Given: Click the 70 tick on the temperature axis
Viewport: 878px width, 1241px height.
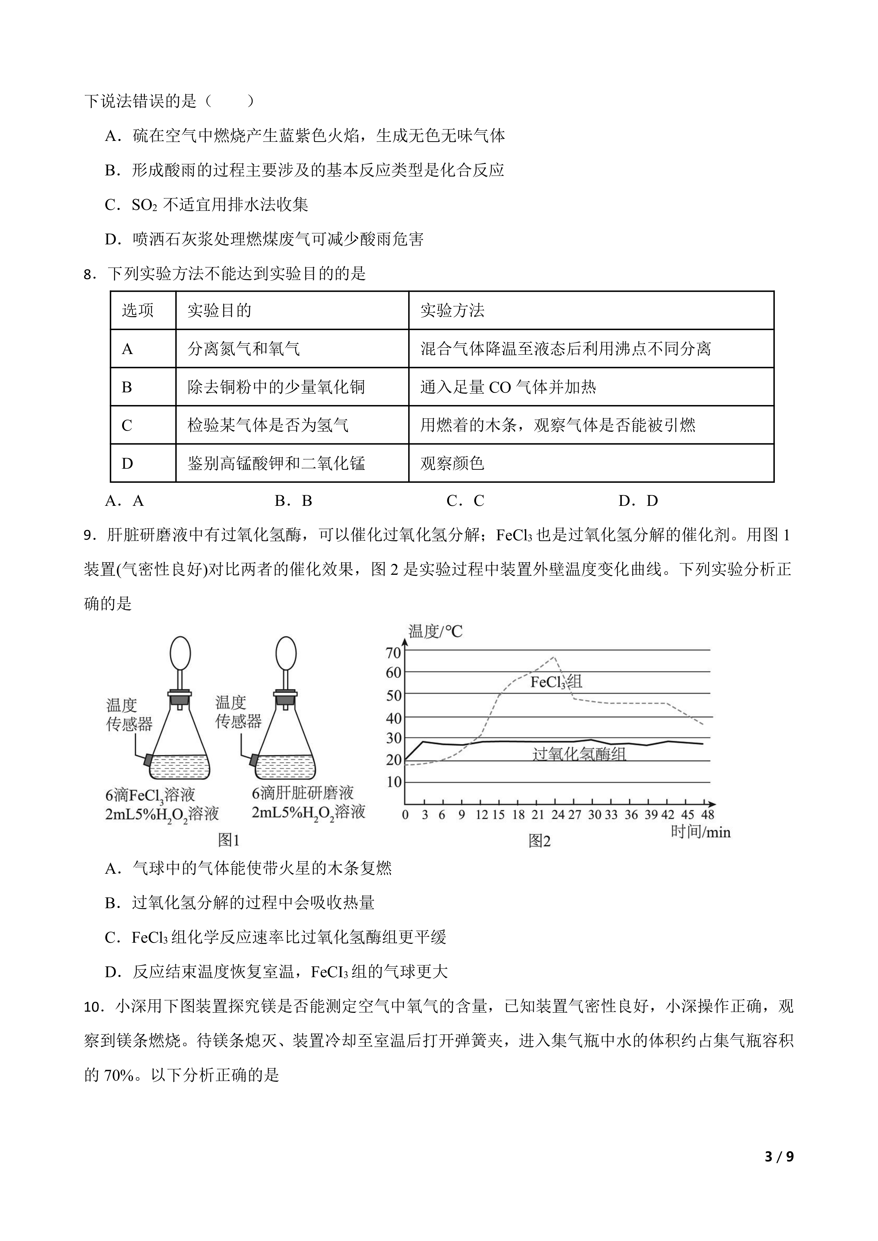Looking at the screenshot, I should (394, 653).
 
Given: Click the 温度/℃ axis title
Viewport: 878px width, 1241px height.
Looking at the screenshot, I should (435, 631).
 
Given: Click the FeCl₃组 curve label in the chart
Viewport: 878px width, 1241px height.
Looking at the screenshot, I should (556, 682).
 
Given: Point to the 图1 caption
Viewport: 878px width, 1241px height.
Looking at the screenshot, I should (228, 840).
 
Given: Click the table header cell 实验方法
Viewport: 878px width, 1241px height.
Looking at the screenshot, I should (452, 310).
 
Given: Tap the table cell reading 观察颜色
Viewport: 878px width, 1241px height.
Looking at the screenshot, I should (452, 463).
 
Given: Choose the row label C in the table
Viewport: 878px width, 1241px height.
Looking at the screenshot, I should (127, 425).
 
